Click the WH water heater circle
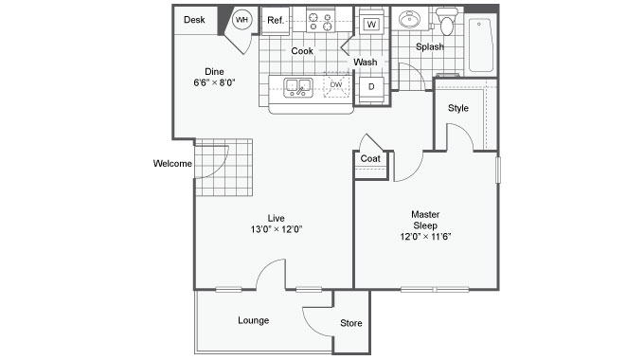coord(241,20)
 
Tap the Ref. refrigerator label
coord(276,20)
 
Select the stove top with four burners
coord(320,22)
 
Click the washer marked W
coord(371,25)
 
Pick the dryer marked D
coord(371,87)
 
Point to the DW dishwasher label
coord(336,84)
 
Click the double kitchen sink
coord(298,87)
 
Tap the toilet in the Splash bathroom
coord(446,22)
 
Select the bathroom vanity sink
coord(409,19)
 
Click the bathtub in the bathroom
coord(480,45)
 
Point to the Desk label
coord(194,20)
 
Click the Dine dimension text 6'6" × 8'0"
coord(214,82)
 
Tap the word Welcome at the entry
coord(172,164)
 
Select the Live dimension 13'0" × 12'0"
coord(277,229)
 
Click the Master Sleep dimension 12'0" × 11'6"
coord(426,237)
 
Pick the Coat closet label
coord(370,158)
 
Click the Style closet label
coord(458,108)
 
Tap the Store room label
coord(351,323)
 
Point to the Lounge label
coord(254,320)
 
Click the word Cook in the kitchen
coord(302,51)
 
